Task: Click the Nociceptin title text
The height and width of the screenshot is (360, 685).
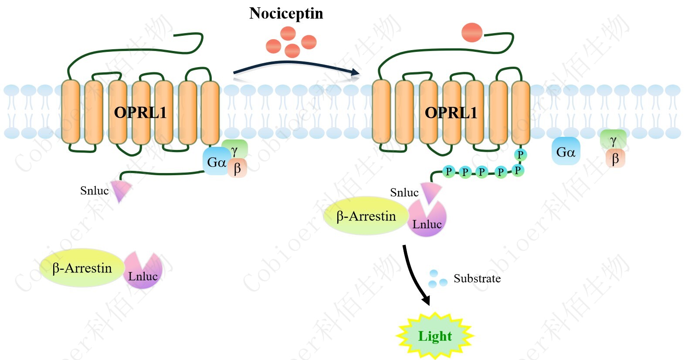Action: coord(286,14)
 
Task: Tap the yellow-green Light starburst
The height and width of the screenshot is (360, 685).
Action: coord(434,336)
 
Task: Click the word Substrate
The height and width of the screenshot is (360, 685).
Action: coord(477,278)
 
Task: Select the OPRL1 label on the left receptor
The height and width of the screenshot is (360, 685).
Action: coord(140,113)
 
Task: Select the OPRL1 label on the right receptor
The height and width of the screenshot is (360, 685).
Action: coord(451,113)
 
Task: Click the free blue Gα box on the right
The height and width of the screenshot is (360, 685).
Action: coord(566,152)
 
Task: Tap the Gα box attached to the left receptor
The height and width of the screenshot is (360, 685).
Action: coord(216,162)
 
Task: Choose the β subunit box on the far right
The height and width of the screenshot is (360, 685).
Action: coord(615,159)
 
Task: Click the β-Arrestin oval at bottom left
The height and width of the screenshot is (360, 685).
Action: coord(81,268)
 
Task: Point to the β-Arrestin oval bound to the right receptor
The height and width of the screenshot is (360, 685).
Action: coord(366,216)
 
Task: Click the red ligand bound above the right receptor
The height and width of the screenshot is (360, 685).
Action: coord(471,33)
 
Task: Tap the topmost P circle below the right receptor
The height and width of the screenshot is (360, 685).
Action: coord(520,154)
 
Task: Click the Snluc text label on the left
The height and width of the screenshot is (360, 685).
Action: coord(94,190)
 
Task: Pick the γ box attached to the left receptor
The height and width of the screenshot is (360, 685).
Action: coord(235,149)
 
